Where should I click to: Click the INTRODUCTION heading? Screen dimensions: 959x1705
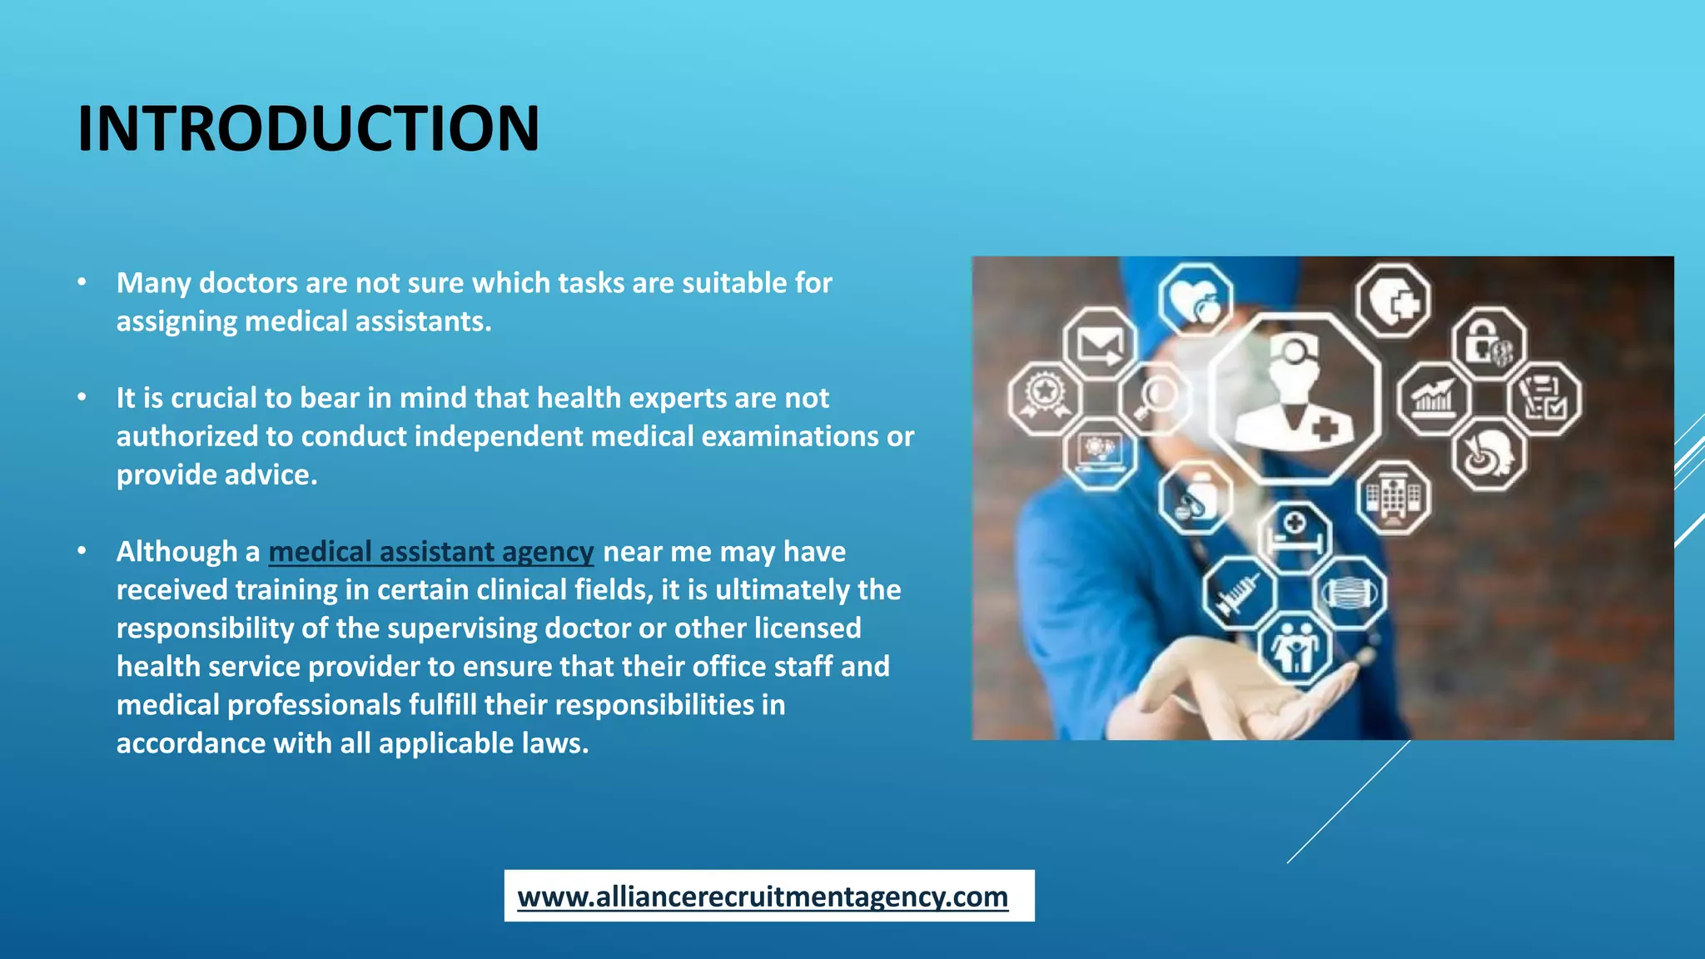pos(308,129)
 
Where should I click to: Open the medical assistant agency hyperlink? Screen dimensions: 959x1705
pos(430,552)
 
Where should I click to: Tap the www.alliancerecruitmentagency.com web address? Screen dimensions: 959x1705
pos(763,897)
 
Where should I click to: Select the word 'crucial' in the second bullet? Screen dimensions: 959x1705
pos(214,398)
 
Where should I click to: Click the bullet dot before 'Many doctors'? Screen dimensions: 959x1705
pos(82,282)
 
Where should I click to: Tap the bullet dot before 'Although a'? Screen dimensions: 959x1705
pos(82,551)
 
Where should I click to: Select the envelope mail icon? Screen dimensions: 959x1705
pos(1100,344)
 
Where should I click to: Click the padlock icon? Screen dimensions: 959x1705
pos(1487,344)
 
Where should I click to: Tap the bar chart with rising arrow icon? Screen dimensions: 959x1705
pos(1433,399)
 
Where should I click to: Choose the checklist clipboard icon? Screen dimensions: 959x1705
pos(1543,399)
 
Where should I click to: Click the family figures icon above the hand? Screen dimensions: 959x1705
pos(1295,648)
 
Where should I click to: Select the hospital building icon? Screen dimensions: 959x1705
pos(1393,497)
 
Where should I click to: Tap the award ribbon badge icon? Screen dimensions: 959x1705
pos(1045,397)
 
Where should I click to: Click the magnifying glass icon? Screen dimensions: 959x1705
pos(1156,397)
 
